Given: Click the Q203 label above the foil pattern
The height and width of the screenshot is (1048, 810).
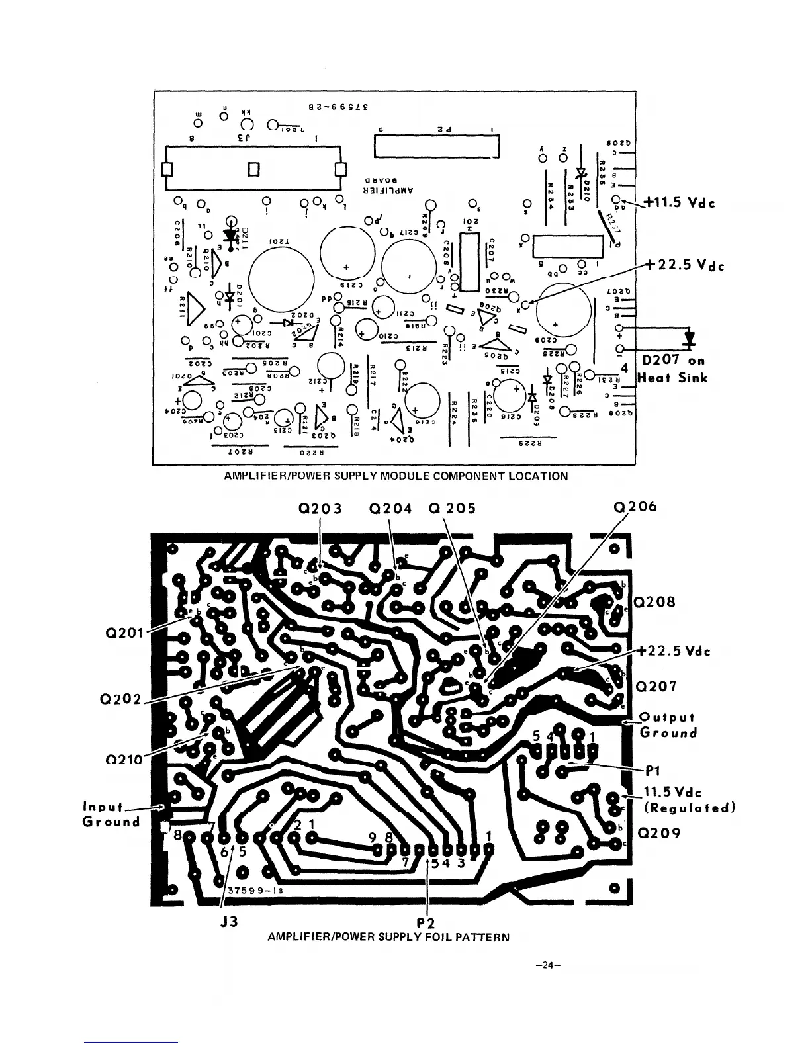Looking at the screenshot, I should click(320, 509).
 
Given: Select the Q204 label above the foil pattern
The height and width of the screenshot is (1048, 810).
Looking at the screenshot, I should click(390, 509).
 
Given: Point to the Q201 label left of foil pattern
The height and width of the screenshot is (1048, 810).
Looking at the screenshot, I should click(125, 633).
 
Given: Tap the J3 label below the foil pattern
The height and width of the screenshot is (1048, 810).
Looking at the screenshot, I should click(230, 920).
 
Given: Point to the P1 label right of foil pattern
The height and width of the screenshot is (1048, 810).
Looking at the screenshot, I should click(654, 770).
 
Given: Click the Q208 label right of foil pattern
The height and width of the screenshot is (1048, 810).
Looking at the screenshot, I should click(655, 603).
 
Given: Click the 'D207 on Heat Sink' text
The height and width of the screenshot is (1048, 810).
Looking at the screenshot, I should click(672, 369).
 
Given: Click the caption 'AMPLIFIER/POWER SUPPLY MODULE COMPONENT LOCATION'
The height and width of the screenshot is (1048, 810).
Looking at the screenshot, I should click(396, 476).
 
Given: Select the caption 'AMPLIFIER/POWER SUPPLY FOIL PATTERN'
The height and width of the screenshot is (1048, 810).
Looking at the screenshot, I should click(388, 937).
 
